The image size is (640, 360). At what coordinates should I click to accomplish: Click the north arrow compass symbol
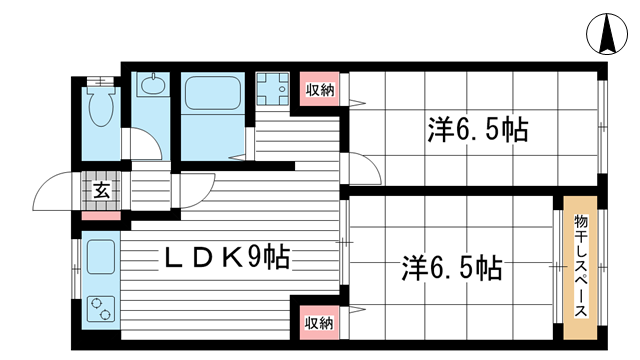click(607, 34)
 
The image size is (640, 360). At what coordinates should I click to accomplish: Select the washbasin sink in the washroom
click(153, 85)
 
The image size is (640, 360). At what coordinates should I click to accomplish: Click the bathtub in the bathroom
click(213, 92)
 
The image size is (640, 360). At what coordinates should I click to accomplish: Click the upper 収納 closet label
click(320, 90)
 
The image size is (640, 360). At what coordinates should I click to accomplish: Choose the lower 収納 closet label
click(319, 323)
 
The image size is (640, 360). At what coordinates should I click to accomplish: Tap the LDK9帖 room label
click(227, 258)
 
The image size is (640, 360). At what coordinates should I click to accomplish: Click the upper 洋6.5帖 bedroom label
click(478, 130)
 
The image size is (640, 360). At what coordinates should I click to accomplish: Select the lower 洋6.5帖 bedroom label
click(452, 269)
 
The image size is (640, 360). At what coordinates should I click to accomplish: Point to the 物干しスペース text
click(580, 266)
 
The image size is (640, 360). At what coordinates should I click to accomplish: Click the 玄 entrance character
click(101, 190)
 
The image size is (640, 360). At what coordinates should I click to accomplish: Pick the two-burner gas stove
click(101, 309)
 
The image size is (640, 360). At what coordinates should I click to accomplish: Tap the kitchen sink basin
click(100, 257)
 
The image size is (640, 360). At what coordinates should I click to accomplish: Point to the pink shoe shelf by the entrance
click(101, 216)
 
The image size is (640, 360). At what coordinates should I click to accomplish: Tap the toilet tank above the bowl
click(100, 81)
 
